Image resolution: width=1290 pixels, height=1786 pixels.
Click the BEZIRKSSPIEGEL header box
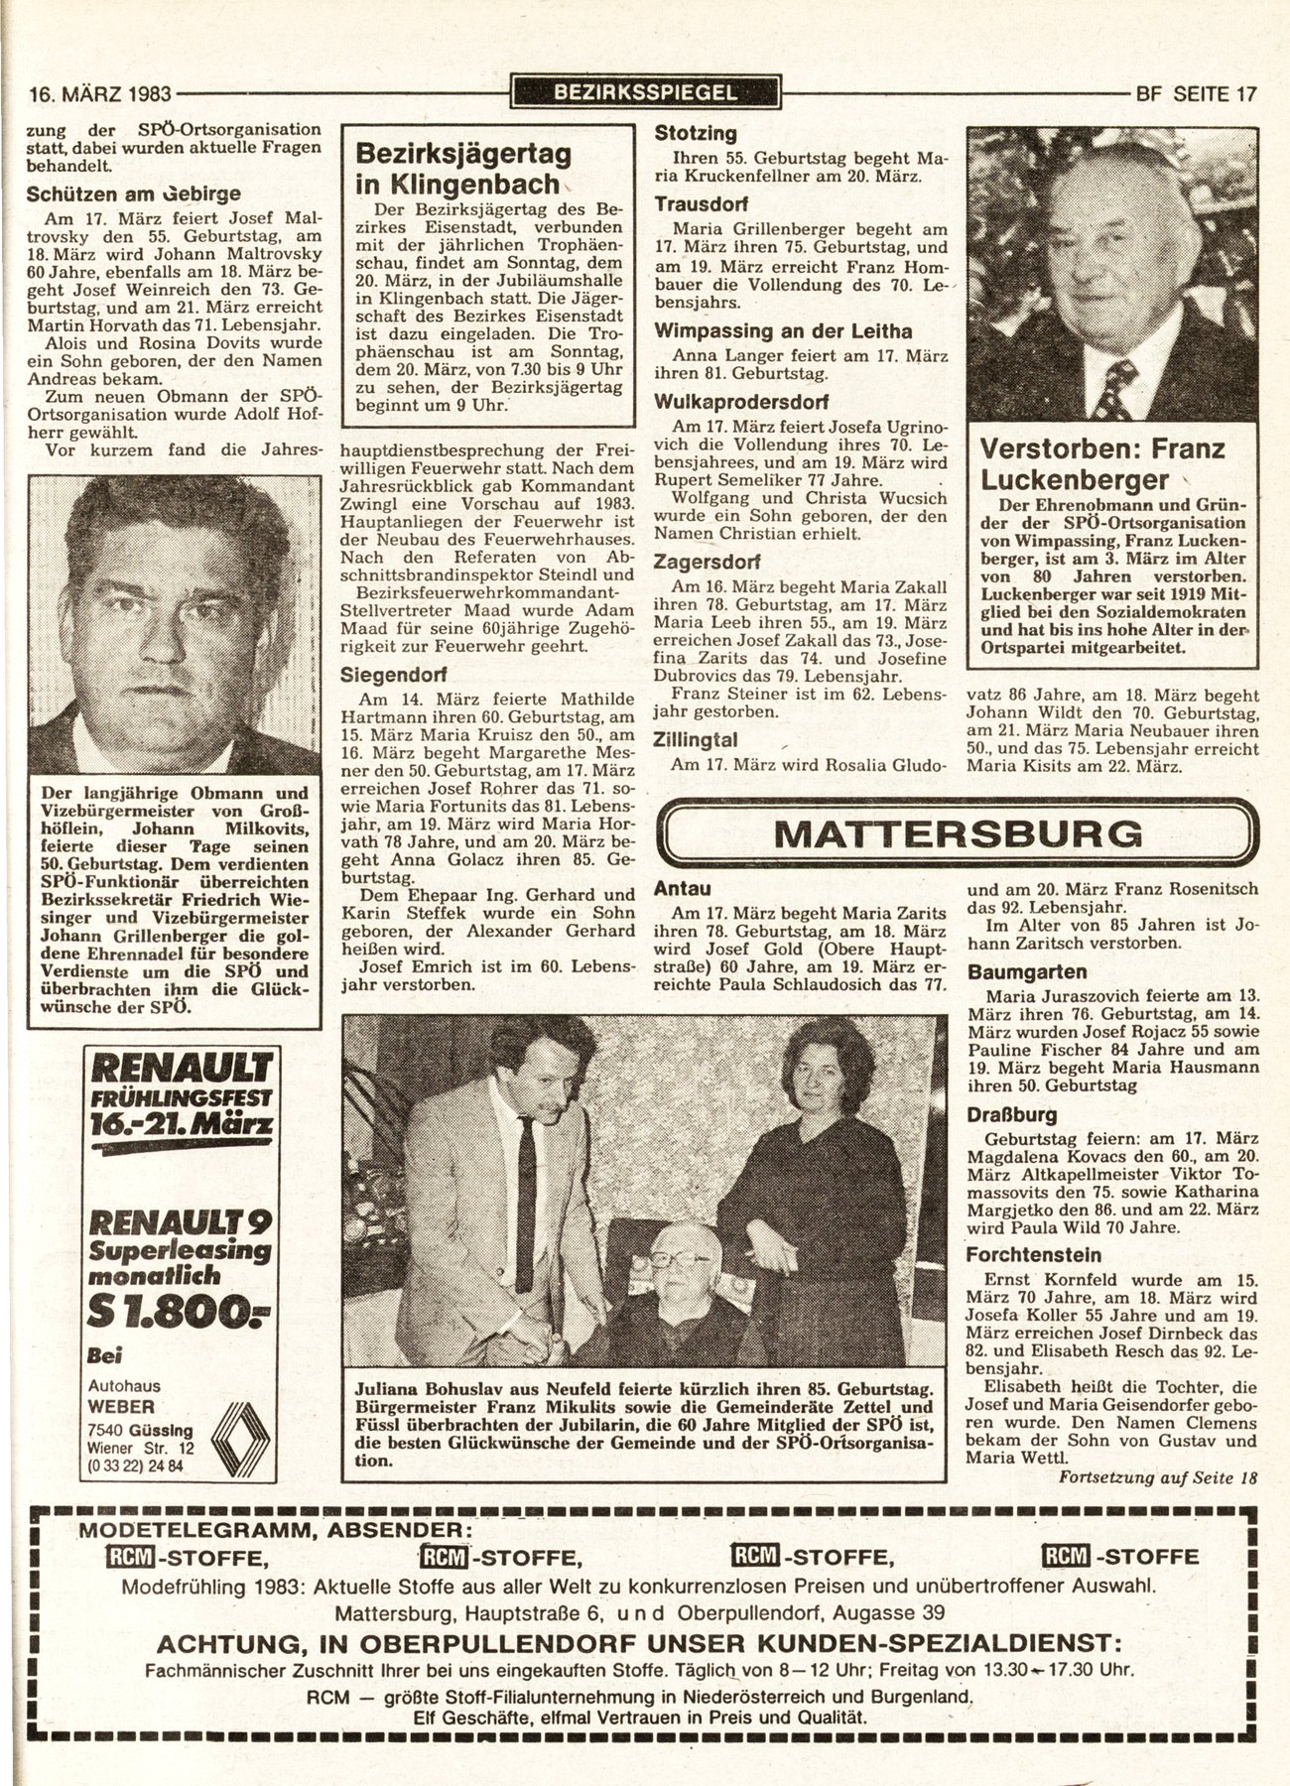coord(645,93)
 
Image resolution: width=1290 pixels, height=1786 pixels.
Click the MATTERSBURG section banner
coord(956,833)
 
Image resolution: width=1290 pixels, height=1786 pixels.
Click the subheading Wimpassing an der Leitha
coord(782,331)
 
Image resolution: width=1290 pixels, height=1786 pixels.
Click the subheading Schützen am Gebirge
coord(133,193)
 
